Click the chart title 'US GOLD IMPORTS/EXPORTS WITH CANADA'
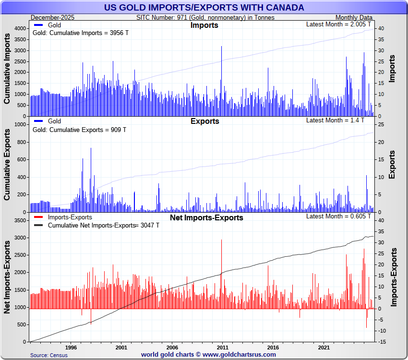(204, 7)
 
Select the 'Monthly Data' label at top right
(353, 18)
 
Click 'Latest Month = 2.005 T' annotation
(339, 24)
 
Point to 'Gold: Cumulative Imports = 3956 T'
(80, 33)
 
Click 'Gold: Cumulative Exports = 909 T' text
(79, 130)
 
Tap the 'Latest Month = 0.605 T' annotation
(339, 216)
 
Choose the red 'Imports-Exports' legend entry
(70, 217)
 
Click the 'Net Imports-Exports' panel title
(206, 218)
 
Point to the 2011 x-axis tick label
(222, 347)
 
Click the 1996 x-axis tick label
(71, 347)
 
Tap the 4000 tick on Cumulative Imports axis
(19, 29)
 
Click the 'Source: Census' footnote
(49, 355)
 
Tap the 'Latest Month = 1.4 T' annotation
(339, 120)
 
